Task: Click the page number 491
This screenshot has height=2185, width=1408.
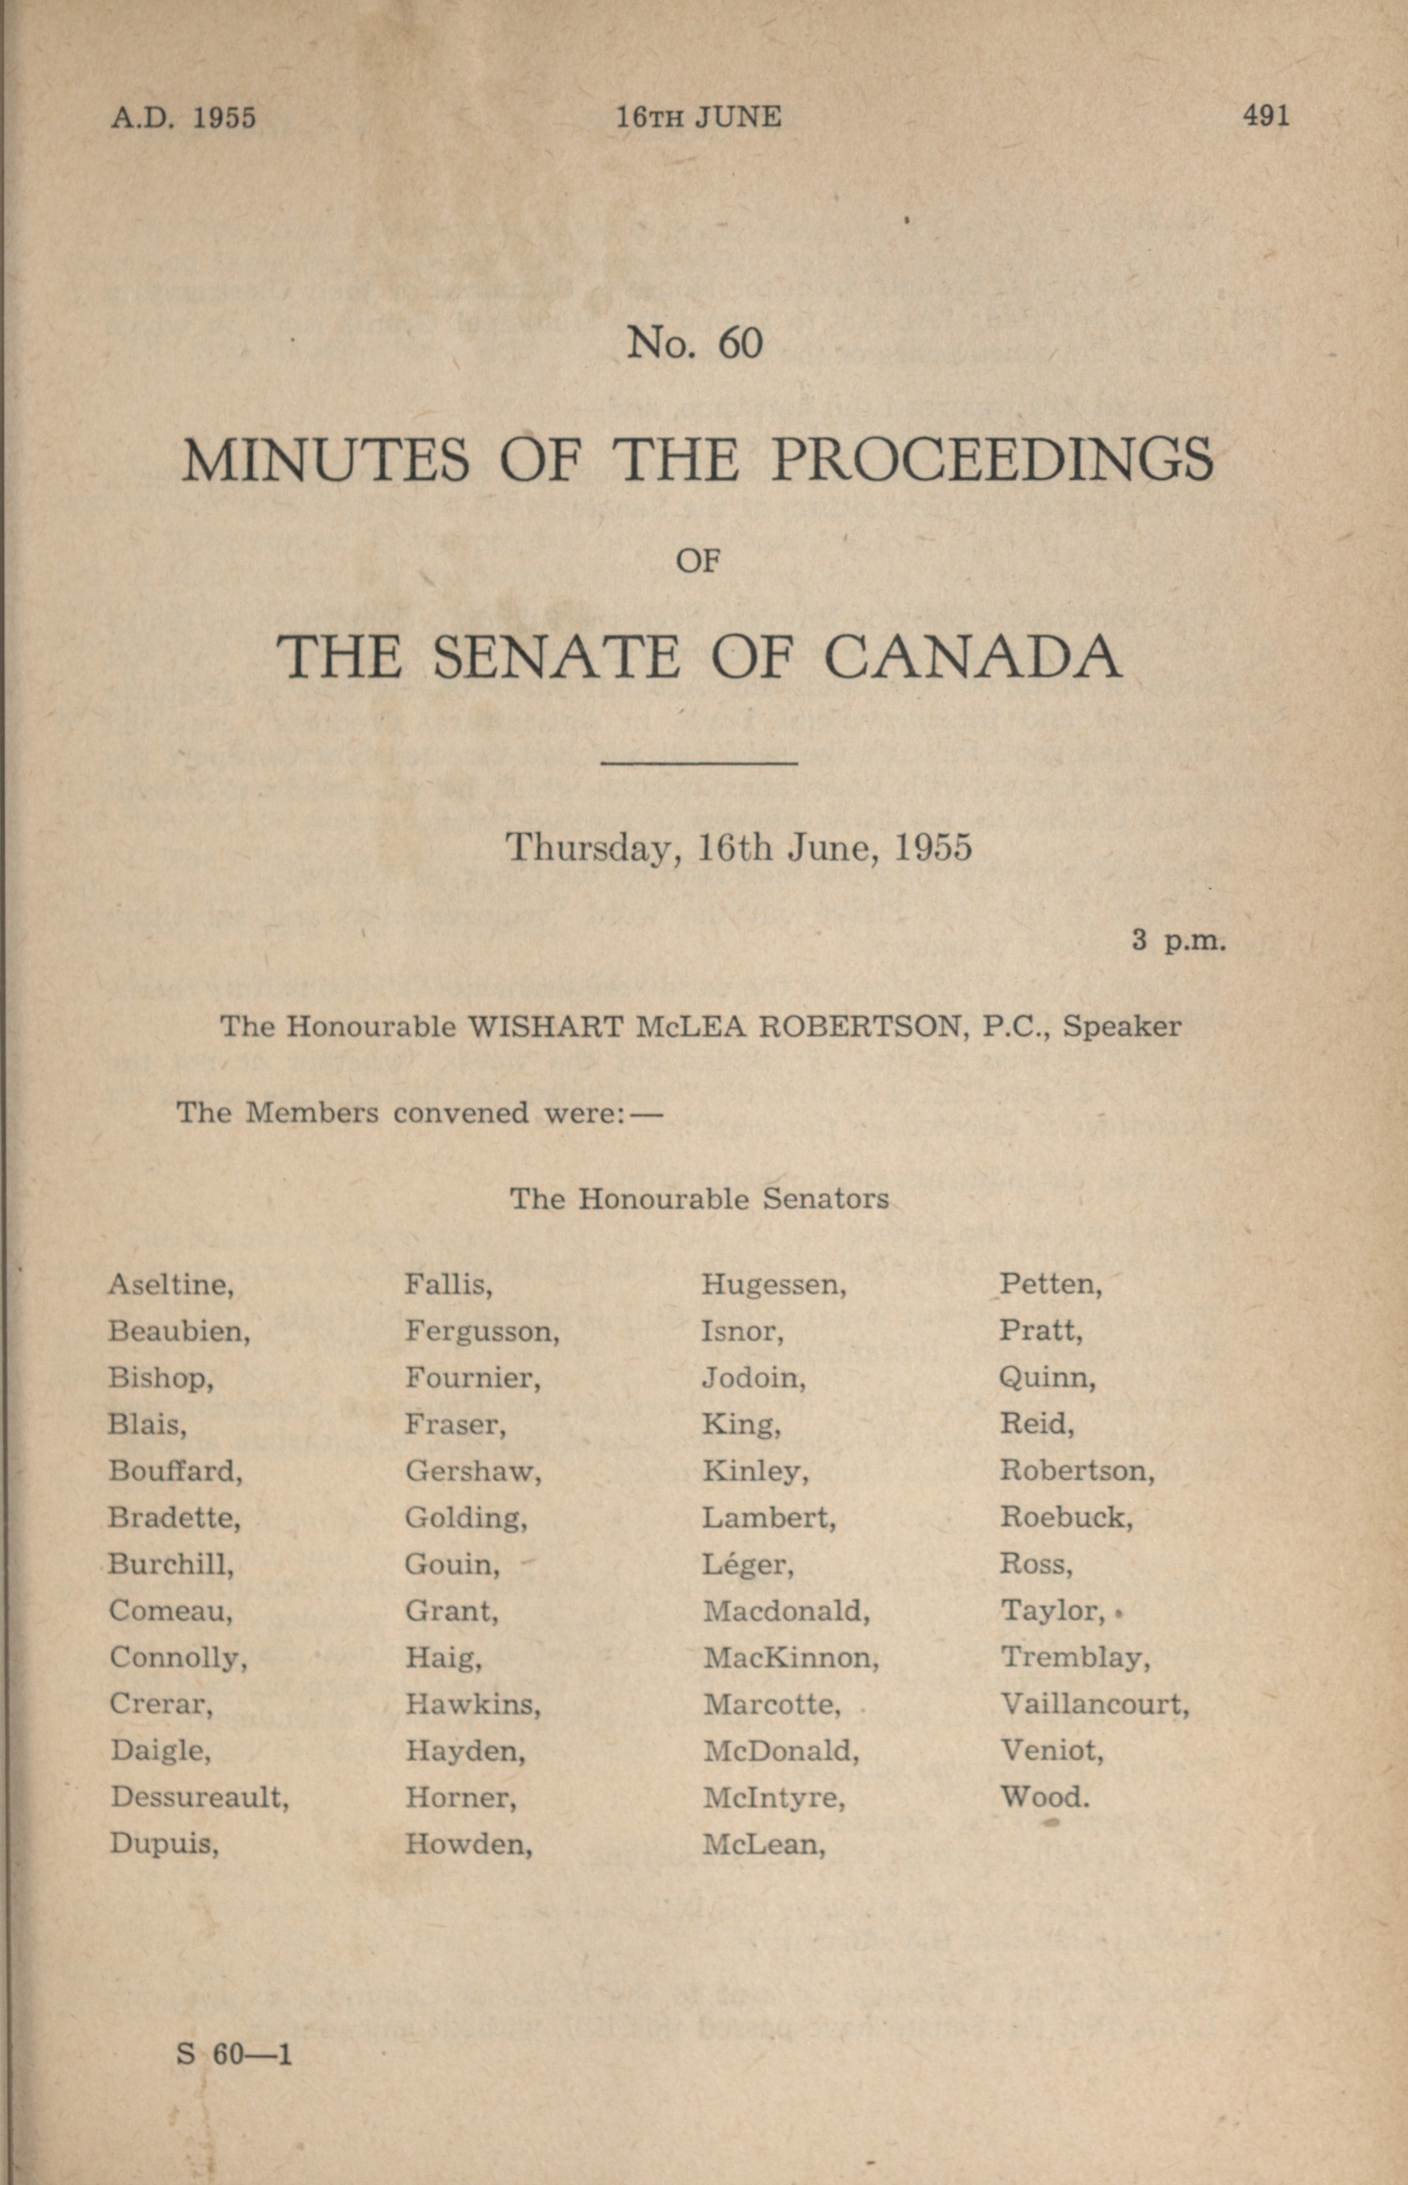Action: point(1265,116)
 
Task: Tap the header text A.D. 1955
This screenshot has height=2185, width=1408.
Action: point(183,118)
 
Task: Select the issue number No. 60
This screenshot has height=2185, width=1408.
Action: point(695,343)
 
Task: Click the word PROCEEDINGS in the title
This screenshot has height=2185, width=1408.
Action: point(992,460)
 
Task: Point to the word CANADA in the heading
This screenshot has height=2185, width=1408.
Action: point(973,658)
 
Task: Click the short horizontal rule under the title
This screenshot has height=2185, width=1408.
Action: point(699,762)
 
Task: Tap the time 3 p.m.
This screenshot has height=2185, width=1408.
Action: point(1179,940)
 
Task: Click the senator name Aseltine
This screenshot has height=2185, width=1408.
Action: point(171,1285)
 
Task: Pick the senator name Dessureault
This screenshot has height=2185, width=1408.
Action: point(200,1798)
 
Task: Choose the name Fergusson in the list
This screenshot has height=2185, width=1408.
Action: point(482,1331)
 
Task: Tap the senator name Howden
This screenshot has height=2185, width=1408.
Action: point(468,1845)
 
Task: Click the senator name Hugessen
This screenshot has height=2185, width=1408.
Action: point(773,1285)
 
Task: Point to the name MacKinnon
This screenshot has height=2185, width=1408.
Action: point(790,1658)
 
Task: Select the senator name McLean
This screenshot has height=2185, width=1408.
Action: point(764,1845)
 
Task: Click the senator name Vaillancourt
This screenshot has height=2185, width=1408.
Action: point(1094,1705)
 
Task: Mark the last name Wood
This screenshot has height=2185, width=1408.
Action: point(1044,1798)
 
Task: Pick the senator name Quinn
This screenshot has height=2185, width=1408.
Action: point(1047,1379)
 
